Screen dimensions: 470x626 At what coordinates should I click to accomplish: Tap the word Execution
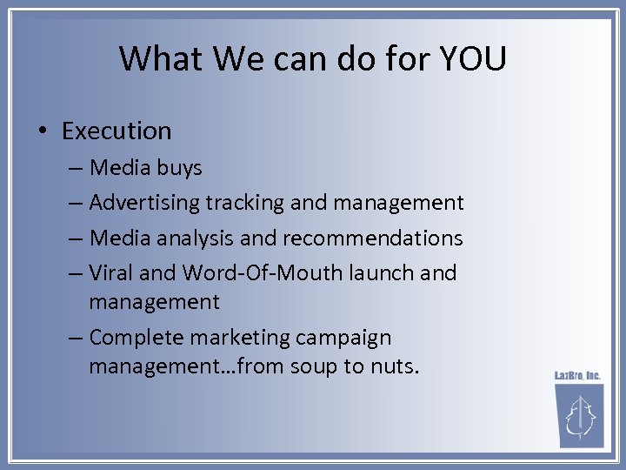point(117,131)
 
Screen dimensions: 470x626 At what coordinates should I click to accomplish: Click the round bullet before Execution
point(43,131)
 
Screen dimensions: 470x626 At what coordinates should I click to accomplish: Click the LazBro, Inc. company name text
point(578,376)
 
